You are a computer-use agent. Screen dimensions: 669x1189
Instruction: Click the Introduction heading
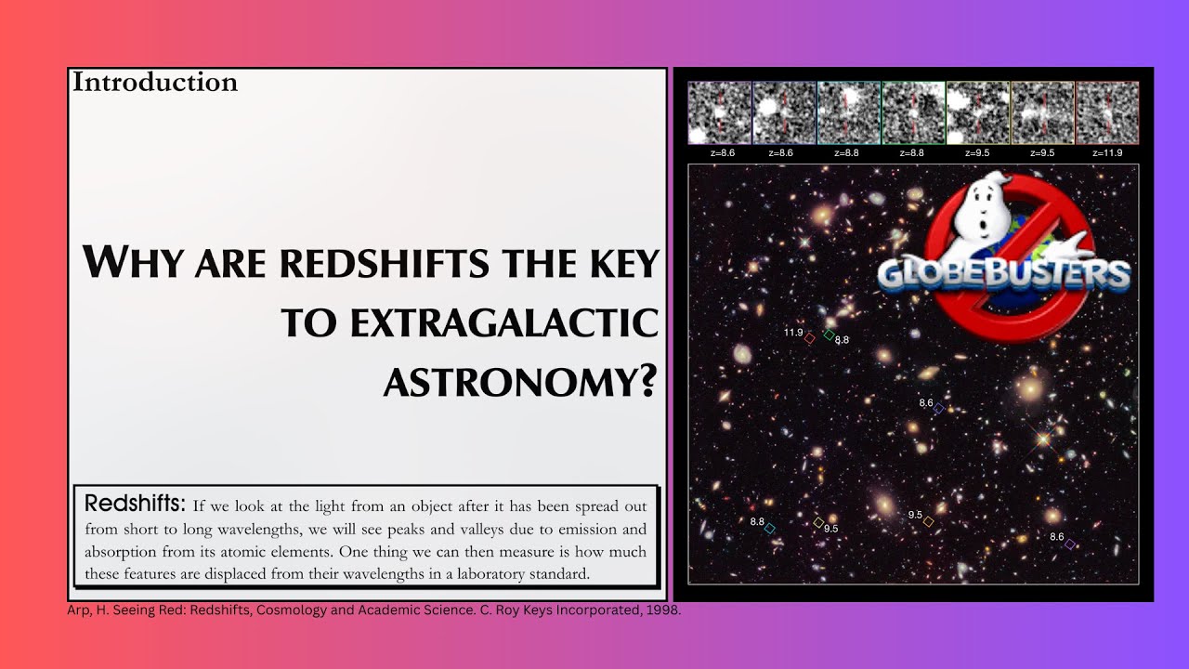(x=155, y=83)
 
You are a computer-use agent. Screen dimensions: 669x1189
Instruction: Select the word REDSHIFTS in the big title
(x=385, y=264)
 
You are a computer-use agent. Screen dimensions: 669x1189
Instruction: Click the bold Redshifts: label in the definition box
(x=136, y=505)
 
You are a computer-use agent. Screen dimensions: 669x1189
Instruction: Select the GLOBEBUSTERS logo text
(x=1004, y=275)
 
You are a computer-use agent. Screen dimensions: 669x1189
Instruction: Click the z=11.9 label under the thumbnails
(x=1107, y=152)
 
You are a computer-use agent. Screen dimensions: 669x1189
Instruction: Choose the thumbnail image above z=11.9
(x=1107, y=112)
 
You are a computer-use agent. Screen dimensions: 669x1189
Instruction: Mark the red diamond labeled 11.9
(x=810, y=339)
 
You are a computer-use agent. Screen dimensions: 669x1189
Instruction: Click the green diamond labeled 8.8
(x=829, y=334)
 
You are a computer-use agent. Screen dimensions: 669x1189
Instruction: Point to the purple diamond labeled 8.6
(x=1069, y=544)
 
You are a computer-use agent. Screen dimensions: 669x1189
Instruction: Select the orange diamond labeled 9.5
(x=928, y=522)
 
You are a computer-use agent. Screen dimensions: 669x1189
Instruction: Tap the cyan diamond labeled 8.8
(x=770, y=528)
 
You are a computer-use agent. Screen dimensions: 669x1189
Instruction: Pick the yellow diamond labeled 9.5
(x=818, y=522)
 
